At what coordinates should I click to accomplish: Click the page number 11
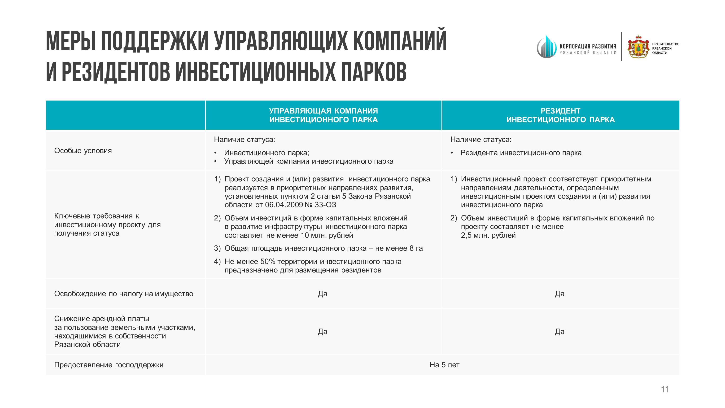pos(665,389)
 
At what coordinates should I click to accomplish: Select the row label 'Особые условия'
pos(83,151)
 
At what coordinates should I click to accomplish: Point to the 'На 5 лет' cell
pos(444,365)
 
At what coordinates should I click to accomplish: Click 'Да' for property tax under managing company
pos(323,294)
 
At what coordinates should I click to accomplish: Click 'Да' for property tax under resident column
pos(559,294)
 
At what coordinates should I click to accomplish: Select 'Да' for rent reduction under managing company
pos(323,331)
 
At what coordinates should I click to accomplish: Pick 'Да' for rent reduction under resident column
pos(559,331)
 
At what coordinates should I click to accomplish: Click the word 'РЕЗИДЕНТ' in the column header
pos(560,111)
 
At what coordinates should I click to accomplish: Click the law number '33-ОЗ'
pos(325,205)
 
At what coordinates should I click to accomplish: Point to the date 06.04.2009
pos(284,205)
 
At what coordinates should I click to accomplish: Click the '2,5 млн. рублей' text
pos(488,235)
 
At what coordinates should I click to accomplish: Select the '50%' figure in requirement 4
pos(268,262)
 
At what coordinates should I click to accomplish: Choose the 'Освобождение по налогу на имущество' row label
pos(124,294)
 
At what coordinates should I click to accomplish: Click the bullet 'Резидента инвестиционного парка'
pos(521,153)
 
